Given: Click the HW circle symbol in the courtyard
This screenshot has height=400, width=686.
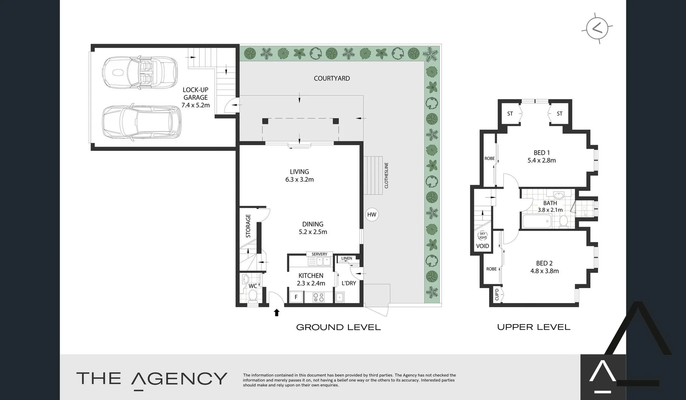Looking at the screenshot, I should point(371,214).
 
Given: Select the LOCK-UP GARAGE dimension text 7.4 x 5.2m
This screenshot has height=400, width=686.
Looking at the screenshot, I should point(195,105).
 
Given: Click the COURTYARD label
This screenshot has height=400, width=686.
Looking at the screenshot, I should point(332,78).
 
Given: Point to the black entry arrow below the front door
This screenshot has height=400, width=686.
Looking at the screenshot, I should point(276,313).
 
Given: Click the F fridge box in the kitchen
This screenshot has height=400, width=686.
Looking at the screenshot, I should point(296,297).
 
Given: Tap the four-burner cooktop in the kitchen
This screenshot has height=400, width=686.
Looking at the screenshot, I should point(318,297).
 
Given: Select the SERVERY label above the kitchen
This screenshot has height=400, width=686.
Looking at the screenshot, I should point(319,254).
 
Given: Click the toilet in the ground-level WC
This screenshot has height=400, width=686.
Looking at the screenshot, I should point(253,295).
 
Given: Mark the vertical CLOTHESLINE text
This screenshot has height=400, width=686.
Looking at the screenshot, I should point(386,175).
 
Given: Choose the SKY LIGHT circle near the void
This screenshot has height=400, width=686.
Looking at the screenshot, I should point(482,236).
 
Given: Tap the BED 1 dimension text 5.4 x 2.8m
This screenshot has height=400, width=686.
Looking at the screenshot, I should point(541,160).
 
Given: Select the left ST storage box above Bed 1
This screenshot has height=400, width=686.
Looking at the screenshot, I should point(510,114).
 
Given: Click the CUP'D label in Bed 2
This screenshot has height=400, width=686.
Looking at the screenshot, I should point(497,295).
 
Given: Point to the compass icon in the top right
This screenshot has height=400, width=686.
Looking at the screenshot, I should point(597,28).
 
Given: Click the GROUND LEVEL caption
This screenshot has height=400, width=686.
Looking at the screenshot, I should point(338,327).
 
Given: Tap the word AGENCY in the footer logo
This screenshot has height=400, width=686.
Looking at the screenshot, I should point(179,379).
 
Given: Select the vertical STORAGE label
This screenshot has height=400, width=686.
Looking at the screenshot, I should point(248,226).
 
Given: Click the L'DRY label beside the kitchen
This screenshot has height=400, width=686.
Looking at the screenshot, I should point(348,283).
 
